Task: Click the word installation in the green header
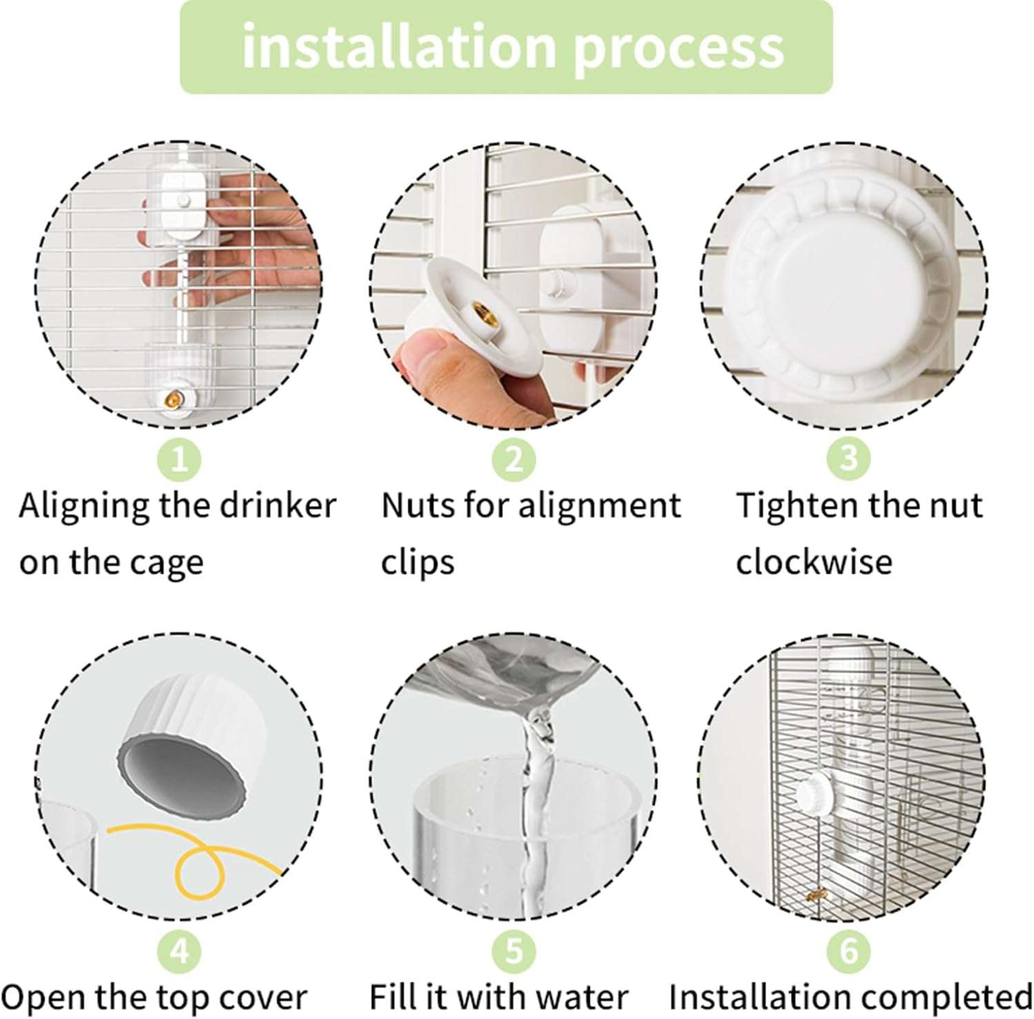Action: pyautogui.click(x=398, y=46)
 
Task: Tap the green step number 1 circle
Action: pyautogui.click(x=179, y=458)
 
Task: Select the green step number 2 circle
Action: pyautogui.click(x=514, y=458)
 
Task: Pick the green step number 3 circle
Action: pyautogui.click(x=849, y=458)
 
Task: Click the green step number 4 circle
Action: pyautogui.click(x=179, y=951)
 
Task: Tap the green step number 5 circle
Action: pyautogui.click(x=514, y=951)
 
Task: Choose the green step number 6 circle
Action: pyautogui.click(x=849, y=951)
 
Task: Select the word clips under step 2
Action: pyautogui.click(x=418, y=563)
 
